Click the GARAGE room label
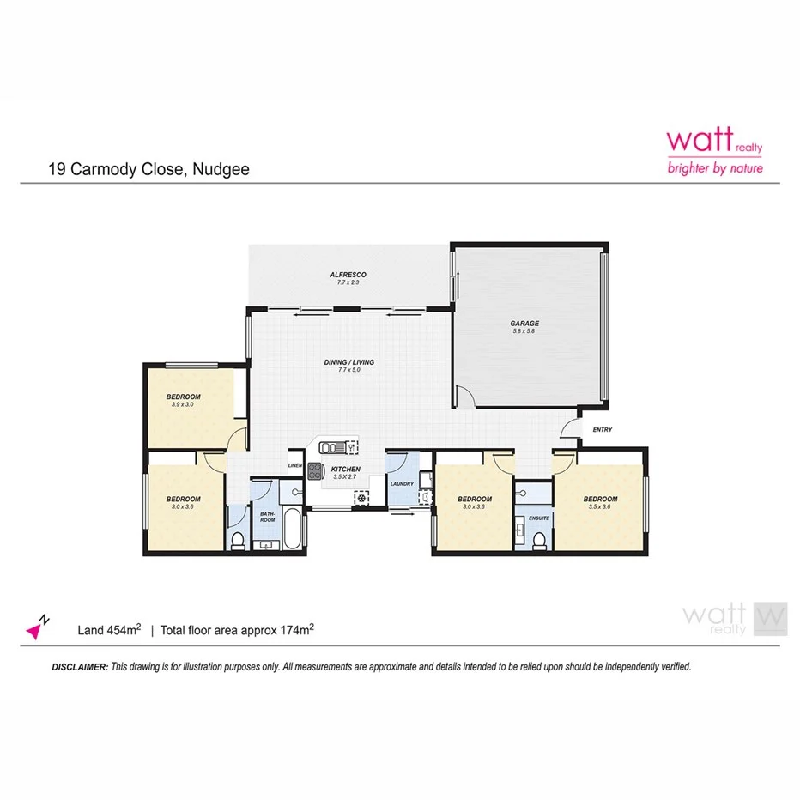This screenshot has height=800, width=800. (x=524, y=324)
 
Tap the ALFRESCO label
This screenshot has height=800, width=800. (x=348, y=275)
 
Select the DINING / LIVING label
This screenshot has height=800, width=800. (x=348, y=362)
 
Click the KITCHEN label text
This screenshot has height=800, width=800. (x=346, y=469)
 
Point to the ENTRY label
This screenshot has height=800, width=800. (x=602, y=430)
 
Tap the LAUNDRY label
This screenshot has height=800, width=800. (x=402, y=483)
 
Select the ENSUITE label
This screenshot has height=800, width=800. (x=539, y=518)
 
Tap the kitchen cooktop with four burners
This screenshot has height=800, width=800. (x=313, y=470)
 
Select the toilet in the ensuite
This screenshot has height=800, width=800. (x=539, y=538)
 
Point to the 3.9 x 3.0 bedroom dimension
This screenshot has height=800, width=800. (x=183, y=404)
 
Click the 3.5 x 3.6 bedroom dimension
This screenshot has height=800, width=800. (x=600, y=507)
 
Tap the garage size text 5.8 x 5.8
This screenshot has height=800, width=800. (x=524, y=332)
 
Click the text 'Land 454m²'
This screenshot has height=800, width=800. (x=109, y=631)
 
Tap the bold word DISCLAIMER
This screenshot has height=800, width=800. (x=80, y=666)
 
